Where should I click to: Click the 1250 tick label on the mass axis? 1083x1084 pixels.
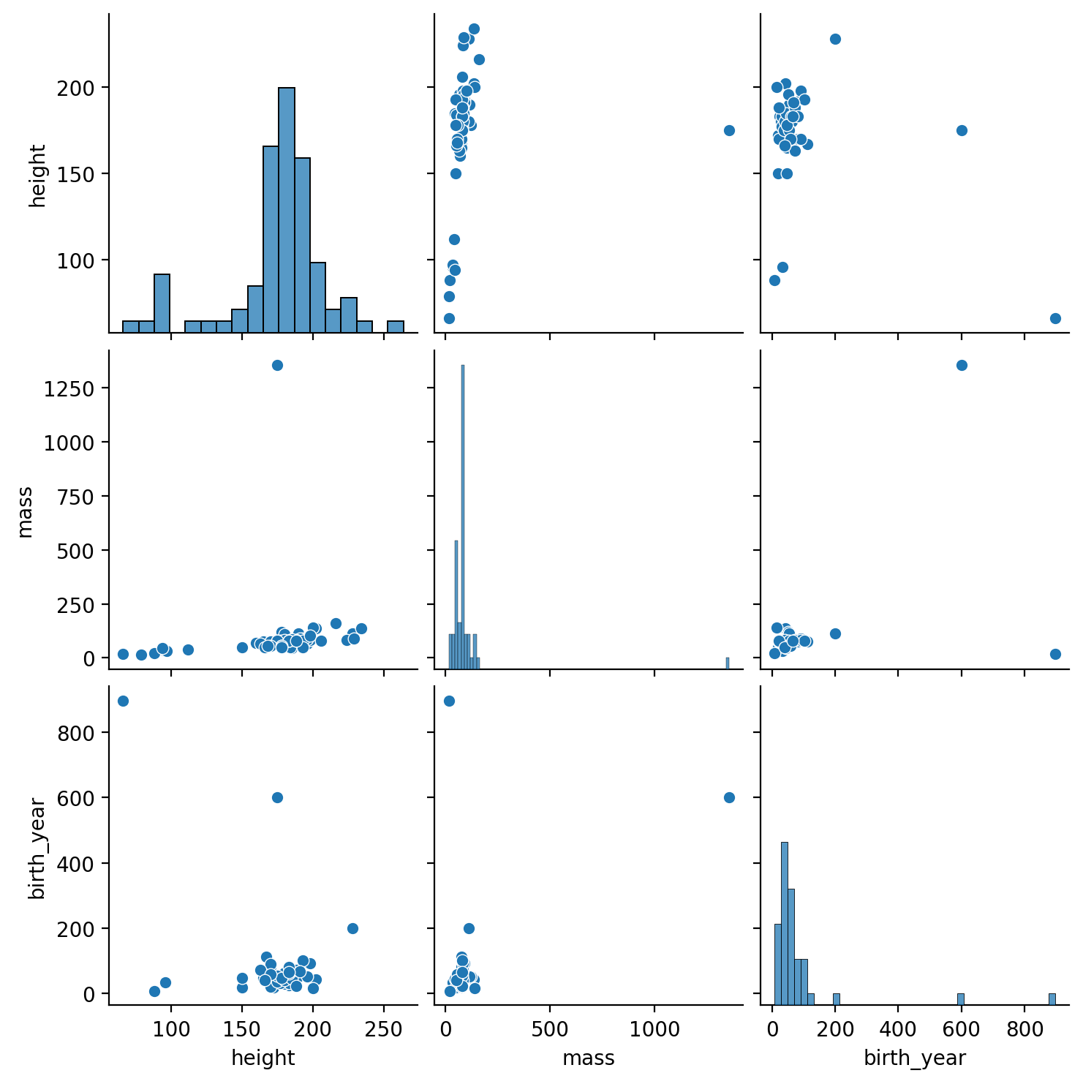pyautogui.click(x=70, y=388)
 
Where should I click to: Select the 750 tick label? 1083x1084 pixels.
pyautogui.click(x=77, y=496)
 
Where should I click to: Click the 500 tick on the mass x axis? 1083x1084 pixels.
pyautogui.click(x=550, y=1028)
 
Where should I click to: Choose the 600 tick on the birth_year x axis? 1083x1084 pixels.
pyautogui.click(x=961, y=1028)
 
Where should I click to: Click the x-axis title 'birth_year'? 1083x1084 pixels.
pyautogui.click(x=915, y=1058)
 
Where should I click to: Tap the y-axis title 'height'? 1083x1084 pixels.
pyautogui.click(x=37, y=176)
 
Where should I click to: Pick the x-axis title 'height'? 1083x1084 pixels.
pyautogui.click(x=263, y=1058)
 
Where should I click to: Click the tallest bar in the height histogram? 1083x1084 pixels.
pyautogui.click(x=287, y=210)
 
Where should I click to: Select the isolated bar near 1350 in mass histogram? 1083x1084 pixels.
pyautogui.click(x=728, y=663)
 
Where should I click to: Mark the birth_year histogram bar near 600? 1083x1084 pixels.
pyautogui.click(x=961, y=999)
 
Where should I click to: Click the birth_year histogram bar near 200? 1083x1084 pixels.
pyautogui.click(x=836, y=999)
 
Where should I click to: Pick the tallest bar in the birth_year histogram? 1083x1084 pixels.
pyautogui.click(x=785, y=924)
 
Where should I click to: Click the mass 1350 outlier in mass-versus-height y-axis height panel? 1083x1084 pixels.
pyautogui.click(x=729, y=130)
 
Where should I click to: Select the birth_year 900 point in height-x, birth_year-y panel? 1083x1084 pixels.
pyautogui.click(x=123, y=701)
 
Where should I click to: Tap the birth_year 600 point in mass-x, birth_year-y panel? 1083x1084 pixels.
pyautogui.click(x=729, y=797)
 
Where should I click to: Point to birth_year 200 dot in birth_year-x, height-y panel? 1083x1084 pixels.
pyautogui.click(x=835, y=39)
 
